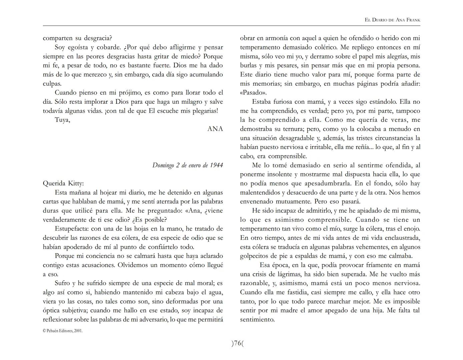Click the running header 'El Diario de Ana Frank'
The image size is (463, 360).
pos(392,20)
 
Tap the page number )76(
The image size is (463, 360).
pos(238,343)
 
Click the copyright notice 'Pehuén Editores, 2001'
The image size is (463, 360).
pos(63,331)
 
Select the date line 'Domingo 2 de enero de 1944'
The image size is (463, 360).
pos(187,165)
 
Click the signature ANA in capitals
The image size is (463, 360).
pos(215,129)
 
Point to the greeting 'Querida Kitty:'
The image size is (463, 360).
pos(63,183)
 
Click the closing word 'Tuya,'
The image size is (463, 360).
pos(62,120)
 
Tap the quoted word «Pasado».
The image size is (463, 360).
pos(253,93)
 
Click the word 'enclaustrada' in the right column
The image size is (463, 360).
pos(402,238)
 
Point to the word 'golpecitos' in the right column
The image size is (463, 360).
pos(254,256)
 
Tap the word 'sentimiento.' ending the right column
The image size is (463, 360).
pos(257,320)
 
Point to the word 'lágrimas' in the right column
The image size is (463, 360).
pos(291,274)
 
